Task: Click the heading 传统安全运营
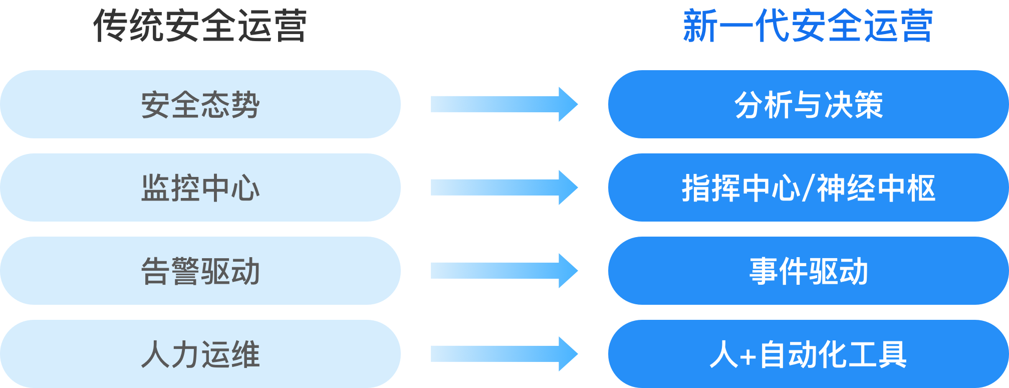[x=200, y=26]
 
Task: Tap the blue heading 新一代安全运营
[x=808, y=26]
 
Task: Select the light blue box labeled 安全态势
[x=200, y=104]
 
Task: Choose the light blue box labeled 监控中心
[x=200, y=187]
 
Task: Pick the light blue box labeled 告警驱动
[x=200, y=271]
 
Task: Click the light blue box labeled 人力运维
[x=200, y=354]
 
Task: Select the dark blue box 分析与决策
[x=809, y=104]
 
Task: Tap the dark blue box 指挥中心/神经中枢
[x=809, y=187]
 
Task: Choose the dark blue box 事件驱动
[x=809, y=271]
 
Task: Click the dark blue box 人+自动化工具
[x=809, y=354]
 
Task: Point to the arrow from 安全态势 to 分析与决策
[x=504, y=104]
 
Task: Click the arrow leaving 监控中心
[x=504, y=187]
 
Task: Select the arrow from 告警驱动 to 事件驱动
[x=504, y=271]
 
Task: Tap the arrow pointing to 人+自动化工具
[x=504, y=354]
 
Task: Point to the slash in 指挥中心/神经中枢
[x=808, y=188]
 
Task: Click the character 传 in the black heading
[x=111, y=26]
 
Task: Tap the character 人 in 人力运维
[x=156, y=354]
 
